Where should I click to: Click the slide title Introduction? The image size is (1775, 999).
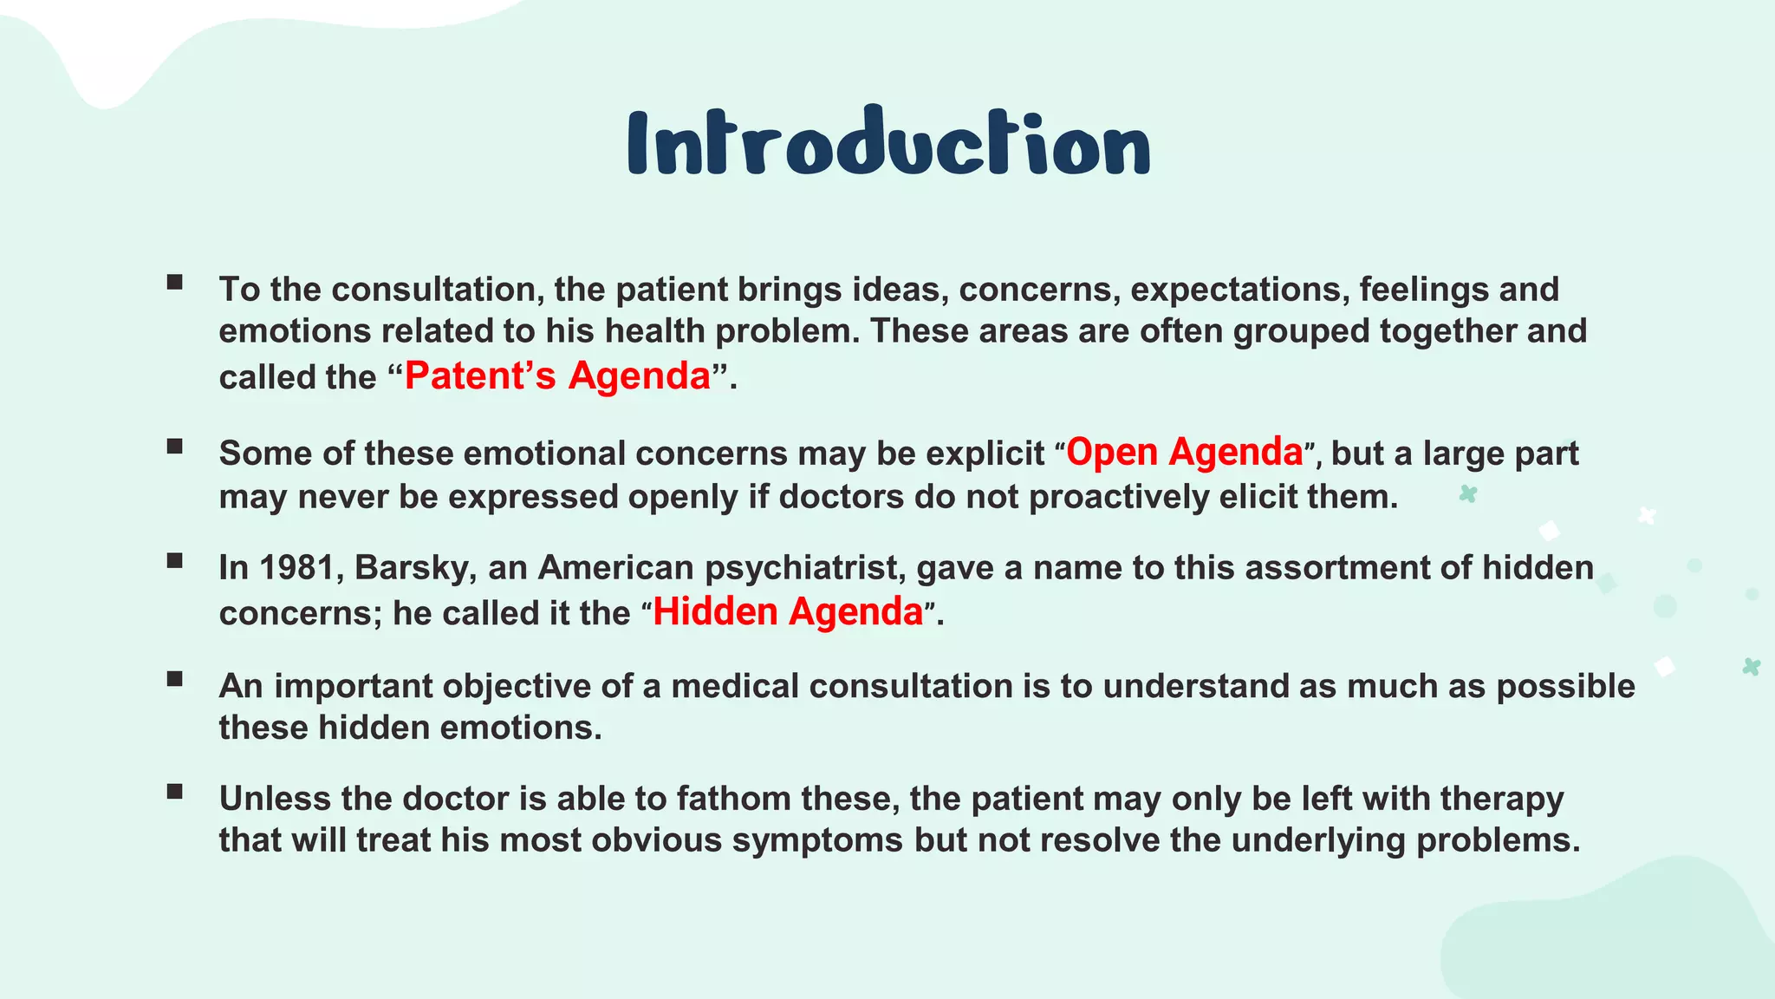tap(888, 144)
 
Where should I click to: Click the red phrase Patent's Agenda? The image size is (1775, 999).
tap(557, 376)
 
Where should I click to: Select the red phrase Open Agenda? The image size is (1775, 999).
tap(1184, 453)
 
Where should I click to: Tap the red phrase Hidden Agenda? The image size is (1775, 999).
tap(787, 612)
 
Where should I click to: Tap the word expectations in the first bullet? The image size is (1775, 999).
tap(1239, 290)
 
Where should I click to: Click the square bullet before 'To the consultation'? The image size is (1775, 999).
tap(175, 282)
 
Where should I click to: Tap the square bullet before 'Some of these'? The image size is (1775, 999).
tap(175, 447)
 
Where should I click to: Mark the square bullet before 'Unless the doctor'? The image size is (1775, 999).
tap(175, 791)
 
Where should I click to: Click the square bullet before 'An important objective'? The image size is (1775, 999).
tap(175, 679)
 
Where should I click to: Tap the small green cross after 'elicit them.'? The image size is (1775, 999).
tap(1467, 494)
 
